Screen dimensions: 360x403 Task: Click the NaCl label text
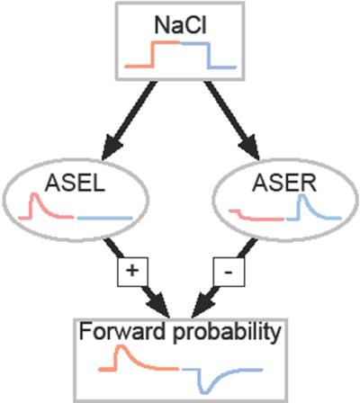[181, 25]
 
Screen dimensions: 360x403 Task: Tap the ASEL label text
[75, 183]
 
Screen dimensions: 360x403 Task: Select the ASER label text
[284, 183]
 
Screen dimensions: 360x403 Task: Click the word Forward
[122, 332]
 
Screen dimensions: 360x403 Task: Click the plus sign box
[132, 271]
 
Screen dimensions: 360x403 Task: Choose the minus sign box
[229, 272]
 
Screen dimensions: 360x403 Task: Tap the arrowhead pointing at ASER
[250, 148]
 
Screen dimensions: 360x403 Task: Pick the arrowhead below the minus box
[202, 305]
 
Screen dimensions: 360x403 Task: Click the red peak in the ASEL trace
[35, 195]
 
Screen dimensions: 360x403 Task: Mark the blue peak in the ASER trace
[302, 196]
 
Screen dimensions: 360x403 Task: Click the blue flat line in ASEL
[104, 218]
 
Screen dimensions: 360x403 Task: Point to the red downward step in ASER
[239, 213]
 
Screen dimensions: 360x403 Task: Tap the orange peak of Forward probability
[121, 347]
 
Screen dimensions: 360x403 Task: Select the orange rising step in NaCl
[152, 54]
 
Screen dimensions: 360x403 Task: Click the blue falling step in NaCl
[209, 55]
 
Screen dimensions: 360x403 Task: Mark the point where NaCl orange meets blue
[181, 43]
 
